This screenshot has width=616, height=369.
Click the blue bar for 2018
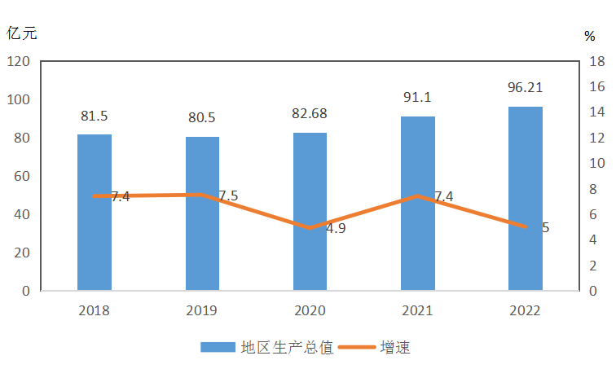pos(95,212)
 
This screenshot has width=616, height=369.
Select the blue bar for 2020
pos(310,211)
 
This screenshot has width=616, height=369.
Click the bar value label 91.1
pos(417,98)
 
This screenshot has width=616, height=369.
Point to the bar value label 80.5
pos(202,117)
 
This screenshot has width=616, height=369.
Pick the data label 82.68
pos(310,113)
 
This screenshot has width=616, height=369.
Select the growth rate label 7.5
pos(228,196)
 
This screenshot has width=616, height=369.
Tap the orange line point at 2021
pos(417,196)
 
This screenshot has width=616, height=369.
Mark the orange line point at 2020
pos(310,228)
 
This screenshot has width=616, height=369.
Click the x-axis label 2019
pos(202,310)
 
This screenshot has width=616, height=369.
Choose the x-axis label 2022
pos(525,310)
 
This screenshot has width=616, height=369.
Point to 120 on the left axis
pos(19,62)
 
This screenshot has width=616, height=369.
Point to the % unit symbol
pos(590,36)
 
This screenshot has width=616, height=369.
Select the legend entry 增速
pos(394,347)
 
